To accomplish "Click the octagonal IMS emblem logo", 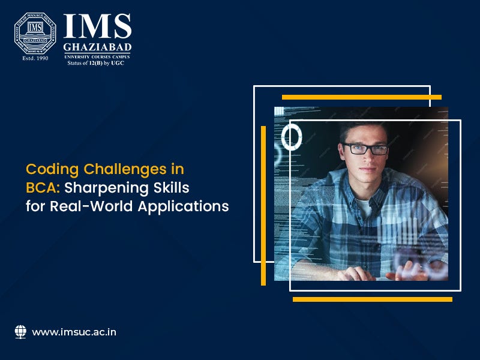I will pos(35,34).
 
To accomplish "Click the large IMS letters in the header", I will pos(97,27).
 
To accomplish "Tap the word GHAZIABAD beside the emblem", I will pos(97,47).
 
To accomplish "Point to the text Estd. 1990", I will pos(34,59).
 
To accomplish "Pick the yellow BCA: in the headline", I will pos(43,188).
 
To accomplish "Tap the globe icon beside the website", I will pos(20,331).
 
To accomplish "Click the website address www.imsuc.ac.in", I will pos(74,332).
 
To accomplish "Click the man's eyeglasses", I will pos(364,148).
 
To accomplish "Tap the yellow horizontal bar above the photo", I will pos(361,97).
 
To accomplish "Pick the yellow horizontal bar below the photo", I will pos(372,299).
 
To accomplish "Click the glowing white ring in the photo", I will pos(292,137).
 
